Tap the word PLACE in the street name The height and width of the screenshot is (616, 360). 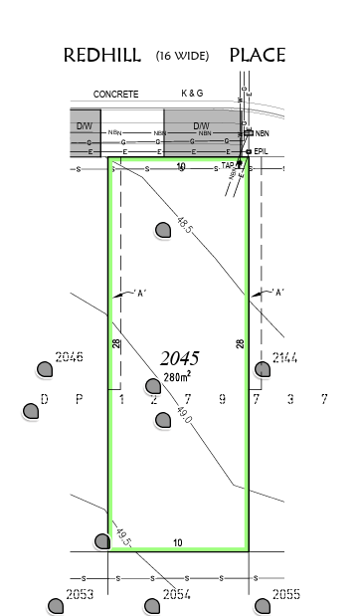(258, 56)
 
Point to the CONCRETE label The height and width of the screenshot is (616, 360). (115, 94)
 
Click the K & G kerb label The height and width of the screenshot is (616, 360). (192, 93)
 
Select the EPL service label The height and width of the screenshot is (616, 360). (262, 151)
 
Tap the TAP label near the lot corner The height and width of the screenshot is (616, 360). (228, 165)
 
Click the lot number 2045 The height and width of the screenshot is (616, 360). (180, 358)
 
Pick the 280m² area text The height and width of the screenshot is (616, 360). (177, 376)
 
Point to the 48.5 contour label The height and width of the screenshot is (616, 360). (185, 224)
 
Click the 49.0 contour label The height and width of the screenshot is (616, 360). (186, 410)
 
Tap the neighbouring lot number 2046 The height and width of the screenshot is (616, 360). (69, 357)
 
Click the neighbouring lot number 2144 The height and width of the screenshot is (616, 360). (284, 357)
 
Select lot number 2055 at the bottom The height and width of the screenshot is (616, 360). (285, 594)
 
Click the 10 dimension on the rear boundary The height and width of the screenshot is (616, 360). (178, 542)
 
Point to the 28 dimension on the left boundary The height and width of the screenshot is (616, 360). (116, 343)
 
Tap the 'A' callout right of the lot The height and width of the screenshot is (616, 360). (278, 293)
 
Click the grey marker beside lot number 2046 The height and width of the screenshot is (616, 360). (45, 370)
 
